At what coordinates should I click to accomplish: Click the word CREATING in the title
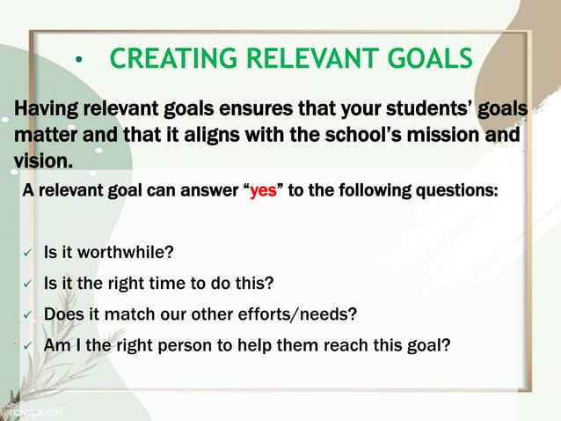point(168,60)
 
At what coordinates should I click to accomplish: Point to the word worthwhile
point(125,255)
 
